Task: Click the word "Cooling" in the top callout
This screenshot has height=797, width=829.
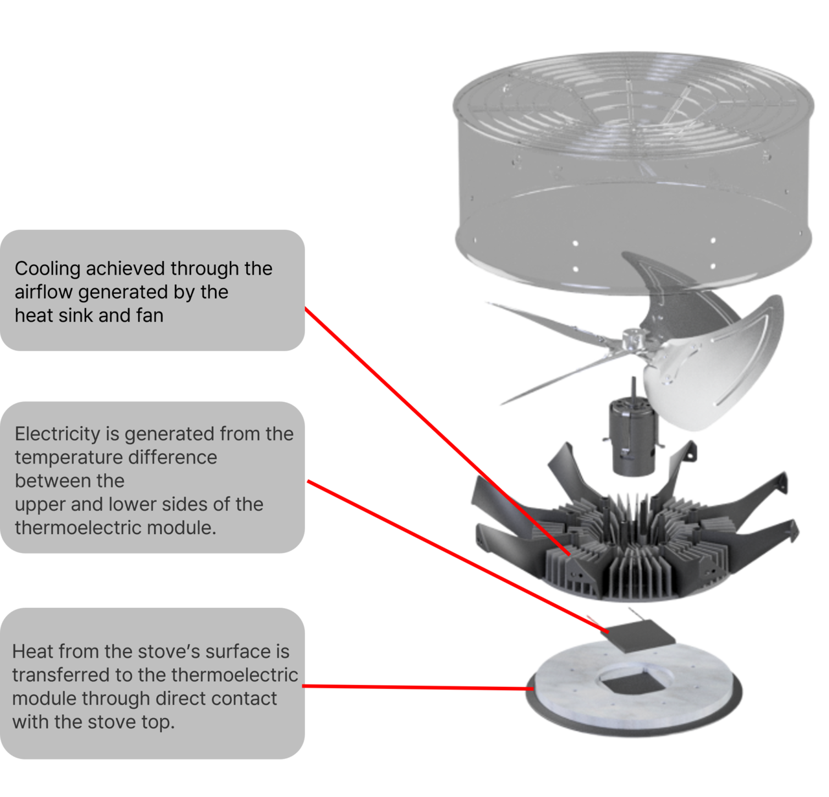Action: tap(47, 269)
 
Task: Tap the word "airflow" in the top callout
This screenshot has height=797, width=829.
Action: tap(44, 292)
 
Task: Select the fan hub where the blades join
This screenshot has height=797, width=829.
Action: tap(630, 339)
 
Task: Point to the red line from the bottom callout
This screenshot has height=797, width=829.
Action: tap(414, 687)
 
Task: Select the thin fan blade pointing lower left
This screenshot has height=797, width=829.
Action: tap(557, 379)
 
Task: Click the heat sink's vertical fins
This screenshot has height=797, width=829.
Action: tap(622, 550)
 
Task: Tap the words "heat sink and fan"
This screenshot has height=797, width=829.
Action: tap(89, 316)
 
